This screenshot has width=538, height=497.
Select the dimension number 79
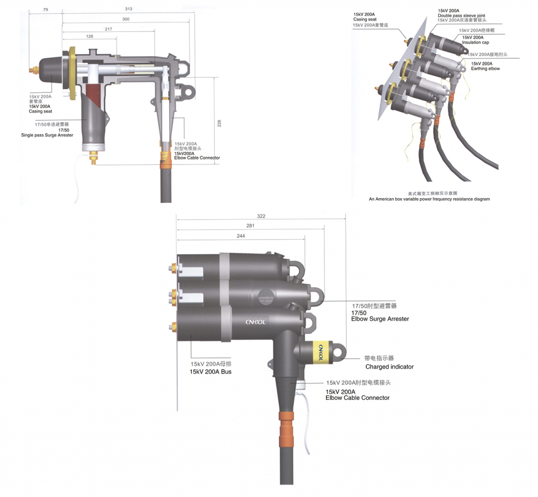click(46, 9)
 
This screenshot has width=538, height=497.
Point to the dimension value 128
click(89, 36)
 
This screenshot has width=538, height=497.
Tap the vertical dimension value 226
click(220, 123)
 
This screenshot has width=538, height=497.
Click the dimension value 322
click(262, 216)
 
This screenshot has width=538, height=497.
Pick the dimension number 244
click(241, 236)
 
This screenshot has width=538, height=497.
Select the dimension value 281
click(251, 226)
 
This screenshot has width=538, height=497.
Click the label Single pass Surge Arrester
click(47, 136)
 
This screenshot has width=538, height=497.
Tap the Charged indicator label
click(389, 367)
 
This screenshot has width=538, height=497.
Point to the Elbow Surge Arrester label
click(380, 319)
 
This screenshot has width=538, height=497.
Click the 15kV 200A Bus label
click(211, 371)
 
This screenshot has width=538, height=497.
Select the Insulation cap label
click(475, 43)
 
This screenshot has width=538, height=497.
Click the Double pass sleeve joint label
click(462, 16)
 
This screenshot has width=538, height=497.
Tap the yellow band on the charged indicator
click(320, 351)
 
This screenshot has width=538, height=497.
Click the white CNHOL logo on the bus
click(256, 322)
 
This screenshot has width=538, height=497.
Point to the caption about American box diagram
click(429, 200)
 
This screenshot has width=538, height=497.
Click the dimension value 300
click(126, 19)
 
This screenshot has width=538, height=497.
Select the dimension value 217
click(108, 28)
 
